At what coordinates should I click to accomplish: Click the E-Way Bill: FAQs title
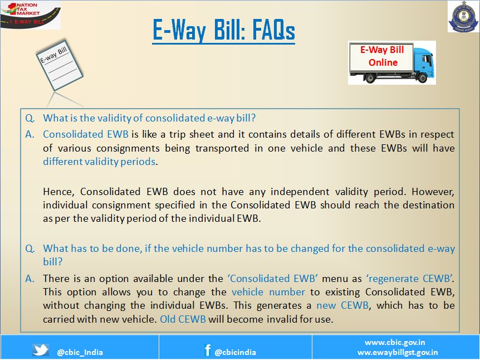coord(223,30)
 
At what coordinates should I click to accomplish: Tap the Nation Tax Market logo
coord(30,14)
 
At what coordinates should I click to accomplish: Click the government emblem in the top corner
coord(463,17)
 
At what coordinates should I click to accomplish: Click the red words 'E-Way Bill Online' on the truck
coord(383,56)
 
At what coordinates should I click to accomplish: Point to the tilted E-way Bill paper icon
coord(60,65)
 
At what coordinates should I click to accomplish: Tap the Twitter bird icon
coord(41,350)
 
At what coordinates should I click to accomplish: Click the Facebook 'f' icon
coord(208,349)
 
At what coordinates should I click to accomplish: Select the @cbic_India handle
coord(80,352)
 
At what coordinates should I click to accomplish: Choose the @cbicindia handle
coord(236,352)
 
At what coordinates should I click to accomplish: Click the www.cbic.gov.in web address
coord(395,342)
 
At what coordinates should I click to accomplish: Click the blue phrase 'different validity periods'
coord(99,162)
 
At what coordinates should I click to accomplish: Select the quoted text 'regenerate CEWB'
coord(410,279)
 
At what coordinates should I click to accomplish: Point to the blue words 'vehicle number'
coord(268,292)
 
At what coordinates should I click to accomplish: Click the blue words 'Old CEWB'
coord(183,319)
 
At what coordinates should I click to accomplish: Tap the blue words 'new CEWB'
coord(342,305)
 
